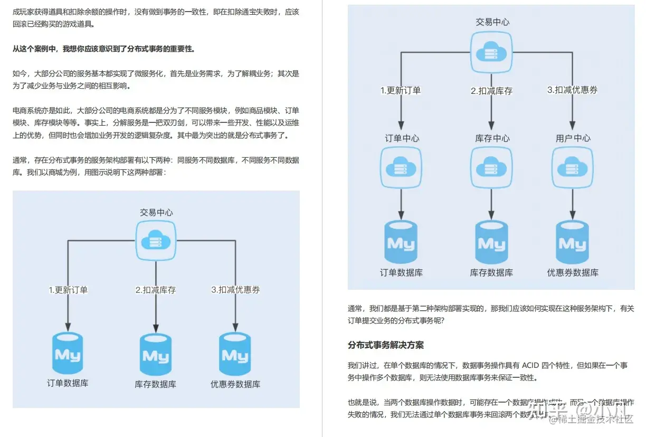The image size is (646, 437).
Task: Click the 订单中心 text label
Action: point(402,138)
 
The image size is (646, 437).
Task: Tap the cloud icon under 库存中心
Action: point(491,167)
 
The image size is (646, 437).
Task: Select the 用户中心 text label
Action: point(573,138)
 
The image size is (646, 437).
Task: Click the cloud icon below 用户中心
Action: point(573,167)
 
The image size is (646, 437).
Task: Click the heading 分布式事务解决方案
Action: point(385,345)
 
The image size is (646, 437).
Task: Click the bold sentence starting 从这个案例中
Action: point(103,49)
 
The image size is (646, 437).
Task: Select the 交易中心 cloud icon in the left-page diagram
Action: point(156,240)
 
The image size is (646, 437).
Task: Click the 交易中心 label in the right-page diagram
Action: point(492,22)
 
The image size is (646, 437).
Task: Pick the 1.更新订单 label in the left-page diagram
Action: point(68,290)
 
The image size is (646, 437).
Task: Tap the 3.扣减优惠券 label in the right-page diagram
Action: point(572,90)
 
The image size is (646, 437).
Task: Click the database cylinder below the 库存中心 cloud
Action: point(491,242)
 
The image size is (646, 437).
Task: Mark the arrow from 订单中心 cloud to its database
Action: point(402,204)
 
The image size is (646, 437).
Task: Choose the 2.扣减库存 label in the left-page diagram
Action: point(155,290)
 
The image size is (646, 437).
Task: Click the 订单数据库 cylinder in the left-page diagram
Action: point(68,354)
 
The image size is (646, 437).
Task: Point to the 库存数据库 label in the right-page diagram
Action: point(491,273)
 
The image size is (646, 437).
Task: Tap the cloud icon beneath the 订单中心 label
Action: point(402,167)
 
